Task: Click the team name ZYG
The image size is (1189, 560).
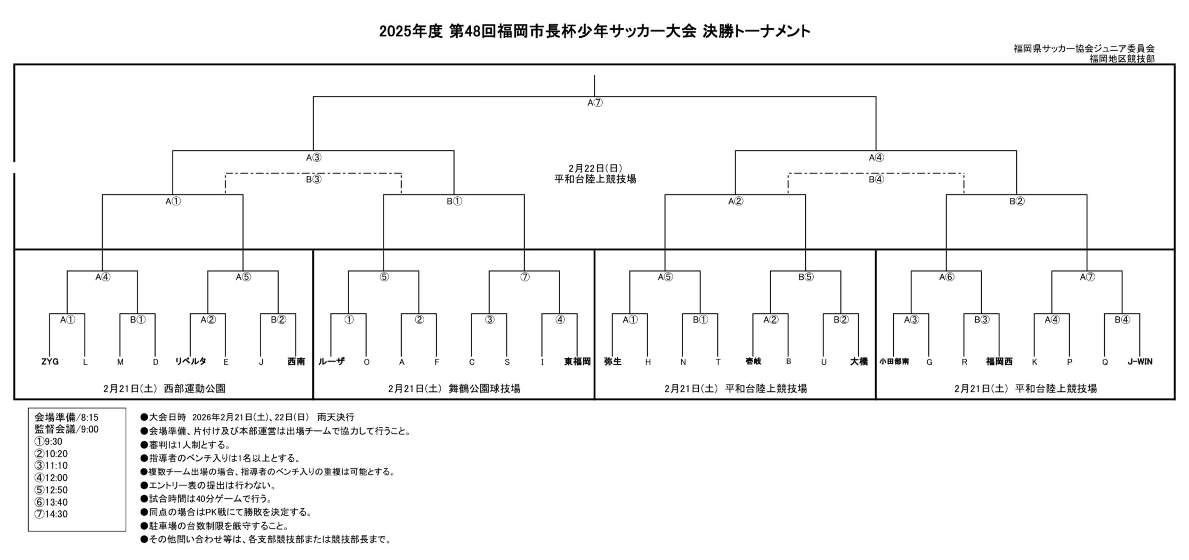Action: click(50, 362)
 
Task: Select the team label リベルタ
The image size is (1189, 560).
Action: click(190, 362)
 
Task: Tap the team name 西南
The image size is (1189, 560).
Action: click(296, 362)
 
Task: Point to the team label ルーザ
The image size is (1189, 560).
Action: click(331, 362)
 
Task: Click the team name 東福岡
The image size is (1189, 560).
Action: click(577, 362)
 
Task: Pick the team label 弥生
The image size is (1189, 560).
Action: click(612, 362)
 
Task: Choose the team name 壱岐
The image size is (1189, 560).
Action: click(753, 362)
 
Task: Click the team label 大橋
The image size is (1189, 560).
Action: click(859, 362)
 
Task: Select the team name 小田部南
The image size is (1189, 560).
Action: click(894, 362)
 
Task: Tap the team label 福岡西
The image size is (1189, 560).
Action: click(999, 362)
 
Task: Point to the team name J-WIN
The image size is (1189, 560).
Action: click(1140, 362)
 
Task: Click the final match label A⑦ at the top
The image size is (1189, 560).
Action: click(595, 103)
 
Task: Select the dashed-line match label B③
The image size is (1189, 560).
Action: click(313, 180)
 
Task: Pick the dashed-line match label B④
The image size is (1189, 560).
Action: click(876, 180)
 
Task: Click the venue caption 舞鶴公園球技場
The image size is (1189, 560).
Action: click(484, 389)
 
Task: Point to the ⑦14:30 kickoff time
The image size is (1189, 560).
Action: click(51, 515)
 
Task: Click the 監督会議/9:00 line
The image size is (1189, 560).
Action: click(66, 429)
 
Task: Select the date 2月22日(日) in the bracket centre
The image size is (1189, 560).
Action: click(595, 168)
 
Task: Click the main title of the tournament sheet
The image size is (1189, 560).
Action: click(595, 31)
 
